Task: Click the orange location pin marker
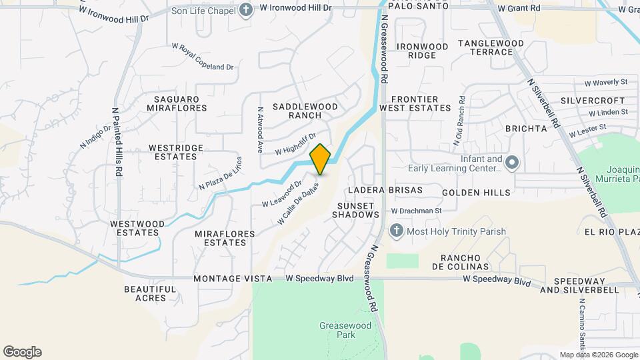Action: [x=321, y=159]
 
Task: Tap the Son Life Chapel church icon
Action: [x=246, y=9]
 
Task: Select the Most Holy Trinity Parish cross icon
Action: [x=396, y=231]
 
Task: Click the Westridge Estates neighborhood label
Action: [x=173, y=152]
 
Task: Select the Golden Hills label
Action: [x=475, y=193]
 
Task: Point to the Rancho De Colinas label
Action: [x=465, y=263]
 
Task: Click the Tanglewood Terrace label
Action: [x=491, y=47]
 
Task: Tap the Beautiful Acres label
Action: [x=151, y=293]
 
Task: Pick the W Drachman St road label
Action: [x=417, y=211]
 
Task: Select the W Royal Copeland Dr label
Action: [x=203, y=57]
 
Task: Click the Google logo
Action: [x=22, y=352]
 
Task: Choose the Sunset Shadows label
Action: [x=355, y=210]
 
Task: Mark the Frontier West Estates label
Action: [x=415, y=103]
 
